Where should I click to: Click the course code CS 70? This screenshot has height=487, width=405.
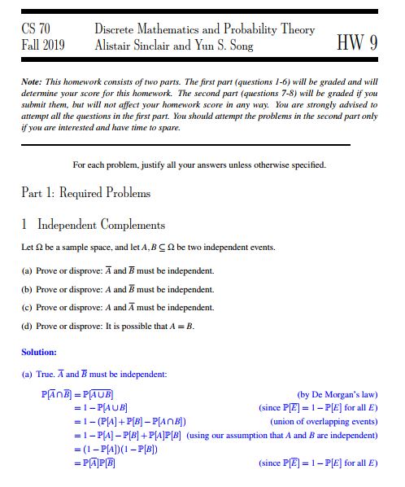coord(36,29)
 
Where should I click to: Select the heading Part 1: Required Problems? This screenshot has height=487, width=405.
coord(85,193)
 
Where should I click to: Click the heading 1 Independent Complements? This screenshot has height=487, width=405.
coord(94,225)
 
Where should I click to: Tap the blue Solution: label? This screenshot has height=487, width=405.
coord(39,352)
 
